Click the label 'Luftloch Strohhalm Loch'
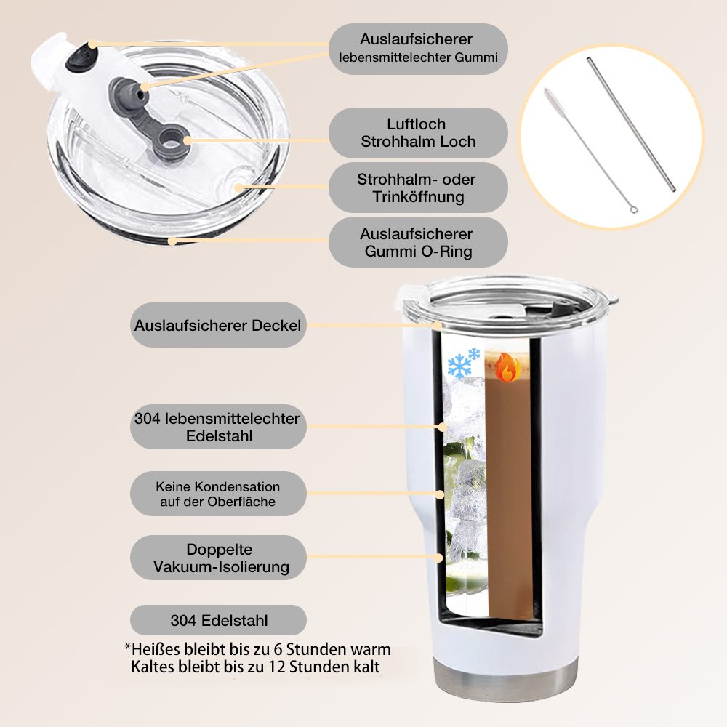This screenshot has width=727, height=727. tap(418, 132)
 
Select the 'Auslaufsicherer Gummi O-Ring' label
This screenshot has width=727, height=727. tap(418, 242)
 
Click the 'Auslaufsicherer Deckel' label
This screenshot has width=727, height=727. tap(218, 325)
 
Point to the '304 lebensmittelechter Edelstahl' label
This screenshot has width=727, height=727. tap(218, 427)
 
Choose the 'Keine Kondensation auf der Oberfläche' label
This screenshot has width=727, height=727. tap(218, 494)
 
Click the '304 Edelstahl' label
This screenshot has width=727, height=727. tap(218, 620)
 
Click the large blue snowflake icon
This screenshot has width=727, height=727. tap(459, 366)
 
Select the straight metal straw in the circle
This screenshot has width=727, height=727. tap(631, 124)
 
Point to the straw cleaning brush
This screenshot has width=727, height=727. tap(590, 151)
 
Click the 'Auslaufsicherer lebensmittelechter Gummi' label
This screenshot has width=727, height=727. tap(418, 49)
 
